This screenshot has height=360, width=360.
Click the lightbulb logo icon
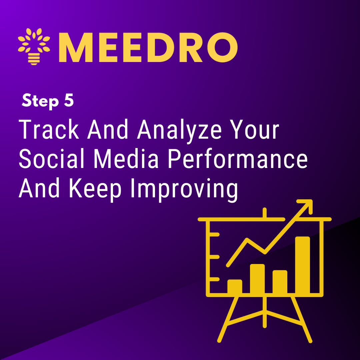click(34, 46)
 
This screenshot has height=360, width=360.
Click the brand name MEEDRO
click(148, 47)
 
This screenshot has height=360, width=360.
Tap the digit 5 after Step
click(69, 100)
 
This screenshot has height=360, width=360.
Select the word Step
click(40, 101)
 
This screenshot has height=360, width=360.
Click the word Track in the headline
click(49, 129)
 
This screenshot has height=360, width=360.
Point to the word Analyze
click(179, 131)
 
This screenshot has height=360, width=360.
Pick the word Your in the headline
click(255, 129)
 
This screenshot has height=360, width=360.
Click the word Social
click(51, 159)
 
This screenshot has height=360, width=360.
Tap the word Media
click(126, 159)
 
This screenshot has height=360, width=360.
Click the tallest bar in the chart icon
click(302, 265)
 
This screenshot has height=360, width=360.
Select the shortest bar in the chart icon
click(235, 287)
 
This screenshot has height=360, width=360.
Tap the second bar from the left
click(257, 279)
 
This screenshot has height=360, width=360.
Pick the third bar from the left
click(280, 282)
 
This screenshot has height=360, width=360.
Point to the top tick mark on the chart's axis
click(214, 234)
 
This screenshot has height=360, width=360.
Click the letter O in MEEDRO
click(222, 47)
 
